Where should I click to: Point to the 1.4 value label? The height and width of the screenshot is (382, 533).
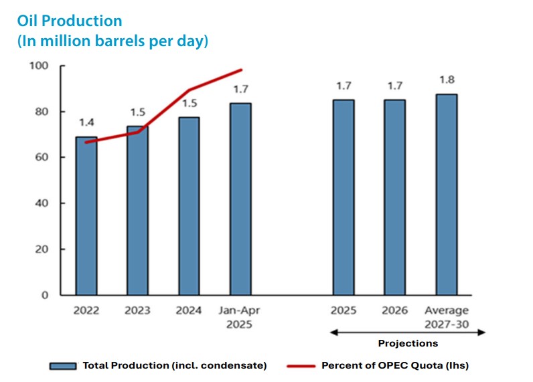pyautogui.click(x=86, y=122)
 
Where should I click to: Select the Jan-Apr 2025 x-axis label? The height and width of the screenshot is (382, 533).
pyautogui.click(x=240, y=316)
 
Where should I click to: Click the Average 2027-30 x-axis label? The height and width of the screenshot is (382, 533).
pyautogui.click(x=447, y=316)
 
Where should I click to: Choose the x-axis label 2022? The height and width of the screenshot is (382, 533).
pyautogui.click(x=86, y=310)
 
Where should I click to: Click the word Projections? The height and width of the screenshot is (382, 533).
pyautogui.click(x=408, y=343)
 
